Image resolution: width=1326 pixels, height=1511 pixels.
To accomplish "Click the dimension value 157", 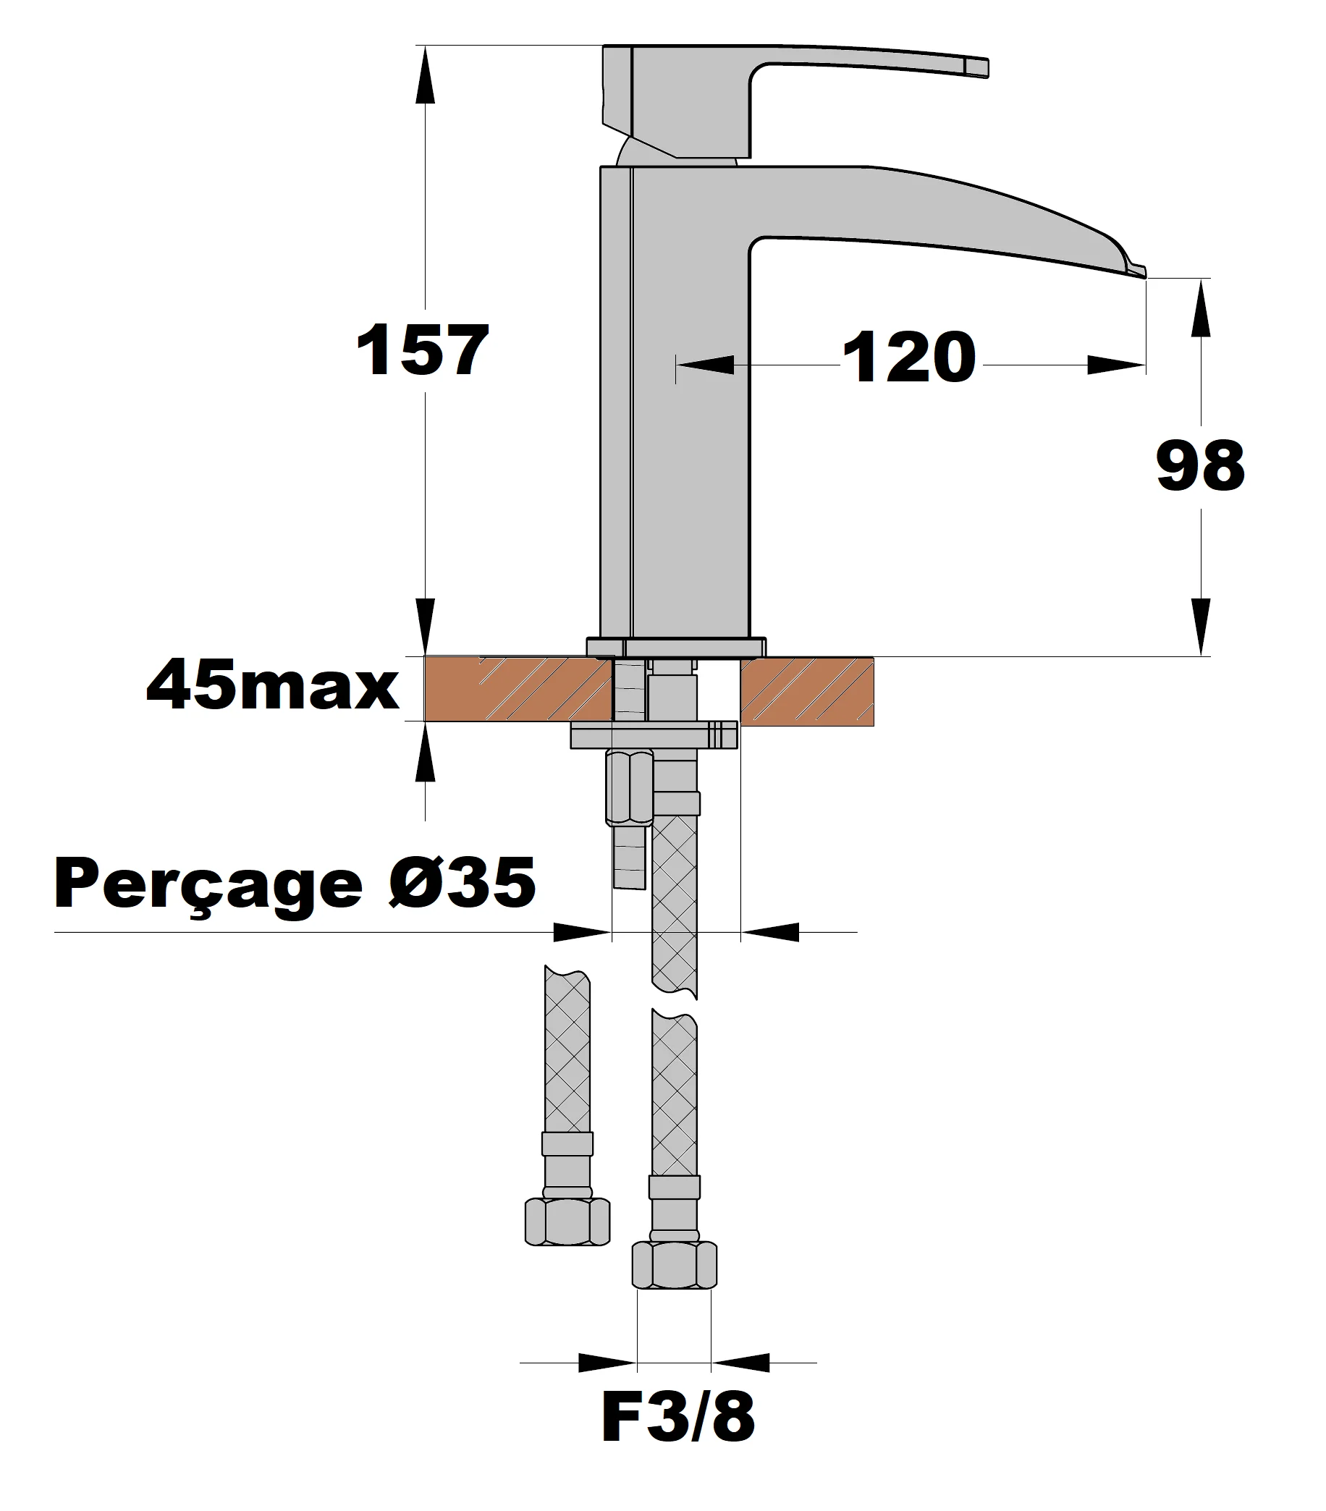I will pos(422,350).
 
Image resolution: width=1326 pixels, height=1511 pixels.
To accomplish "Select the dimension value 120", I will pos(909,357).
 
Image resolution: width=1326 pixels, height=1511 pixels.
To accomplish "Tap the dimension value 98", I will pos(1199,466).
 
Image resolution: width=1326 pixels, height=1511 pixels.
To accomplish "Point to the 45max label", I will pos(273,687).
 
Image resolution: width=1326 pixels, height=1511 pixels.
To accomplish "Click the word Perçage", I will pos(208,885).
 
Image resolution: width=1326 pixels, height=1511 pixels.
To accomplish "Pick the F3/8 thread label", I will pos(677,1417).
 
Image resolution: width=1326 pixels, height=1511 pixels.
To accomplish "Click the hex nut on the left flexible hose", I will pos(567,1222).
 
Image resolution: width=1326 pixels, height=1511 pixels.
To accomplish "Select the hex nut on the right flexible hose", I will pos(674,1265).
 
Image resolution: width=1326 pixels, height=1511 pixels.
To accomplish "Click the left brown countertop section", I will pos(518,688).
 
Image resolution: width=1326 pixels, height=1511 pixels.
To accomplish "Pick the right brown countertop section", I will pos(807,691).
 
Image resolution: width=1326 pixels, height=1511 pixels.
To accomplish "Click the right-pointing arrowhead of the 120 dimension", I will pos(1116,365).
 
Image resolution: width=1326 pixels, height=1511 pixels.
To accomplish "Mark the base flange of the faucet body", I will pos(676,647).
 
